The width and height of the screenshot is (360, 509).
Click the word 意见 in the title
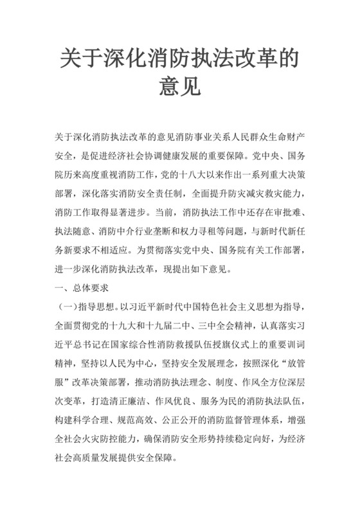pyautogui.click(x=180, y=87)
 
